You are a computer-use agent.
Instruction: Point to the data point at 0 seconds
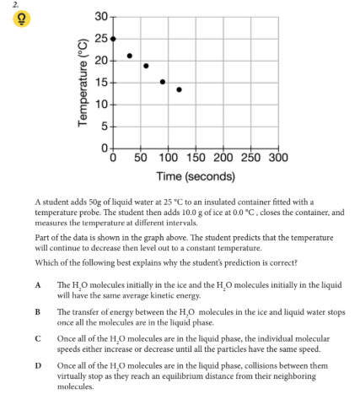[x=113, y=39]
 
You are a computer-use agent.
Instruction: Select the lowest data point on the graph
[x=179, y=89]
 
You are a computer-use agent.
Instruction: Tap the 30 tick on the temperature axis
[x=101, y=17]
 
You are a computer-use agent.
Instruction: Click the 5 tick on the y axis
[x=105, y=127]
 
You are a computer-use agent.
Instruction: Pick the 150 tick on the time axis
[x=195, y=158]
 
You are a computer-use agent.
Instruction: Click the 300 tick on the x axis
[x=277, y=158]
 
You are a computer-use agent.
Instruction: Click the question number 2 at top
[x=4, y=4]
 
